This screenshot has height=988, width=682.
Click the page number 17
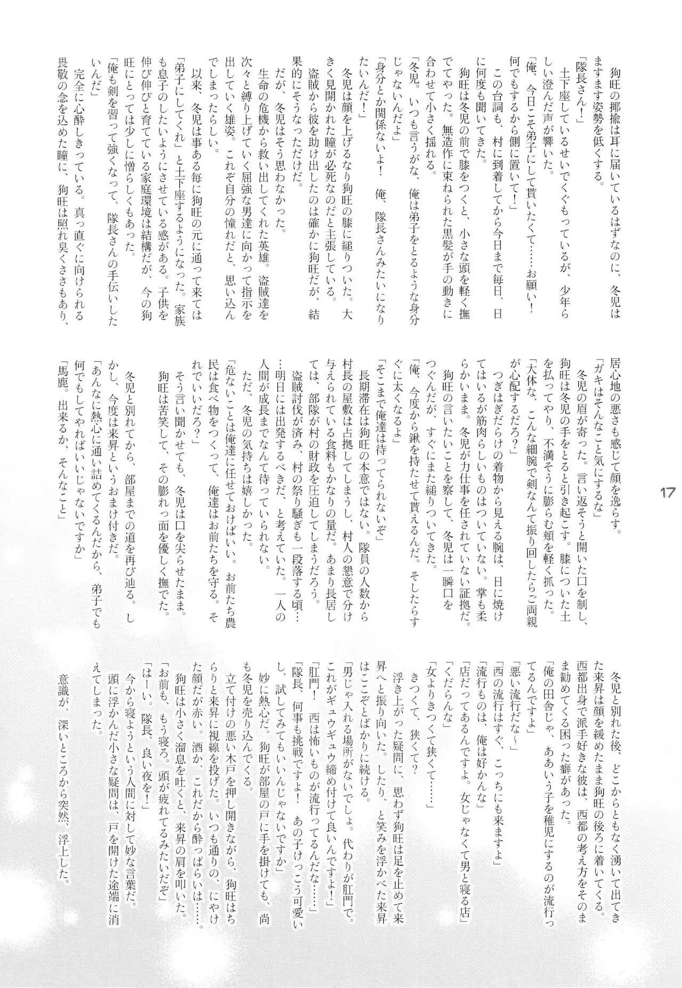click(668, 492)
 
